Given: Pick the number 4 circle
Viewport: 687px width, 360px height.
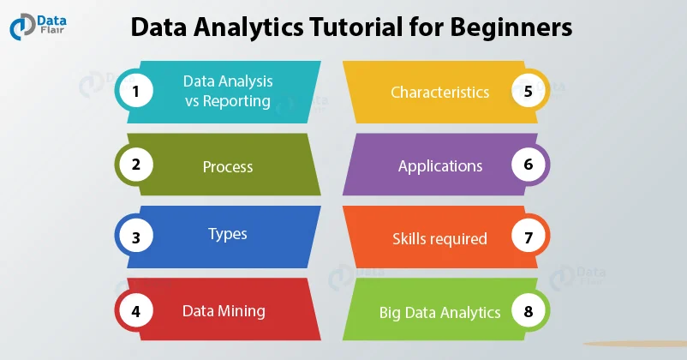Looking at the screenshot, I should point(135,310).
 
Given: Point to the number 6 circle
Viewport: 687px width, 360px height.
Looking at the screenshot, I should point(529,165).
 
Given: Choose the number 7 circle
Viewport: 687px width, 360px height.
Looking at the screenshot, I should point(529,237).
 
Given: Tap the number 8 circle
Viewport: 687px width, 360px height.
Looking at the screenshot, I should point(529,310).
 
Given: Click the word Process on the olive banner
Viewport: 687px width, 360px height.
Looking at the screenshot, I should point(228,166).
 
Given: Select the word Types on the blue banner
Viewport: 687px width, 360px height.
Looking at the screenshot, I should point(228,233).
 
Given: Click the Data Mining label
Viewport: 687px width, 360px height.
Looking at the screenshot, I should point(224,311).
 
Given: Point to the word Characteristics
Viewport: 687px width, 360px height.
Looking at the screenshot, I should point(439,92).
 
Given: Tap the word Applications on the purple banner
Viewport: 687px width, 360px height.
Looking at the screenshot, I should point(440,165).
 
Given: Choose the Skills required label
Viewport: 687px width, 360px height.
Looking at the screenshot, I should point(439,238).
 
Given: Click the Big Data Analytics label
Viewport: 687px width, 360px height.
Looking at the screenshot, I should point(439,312).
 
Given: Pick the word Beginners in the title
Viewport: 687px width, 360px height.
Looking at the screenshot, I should point(505,28).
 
